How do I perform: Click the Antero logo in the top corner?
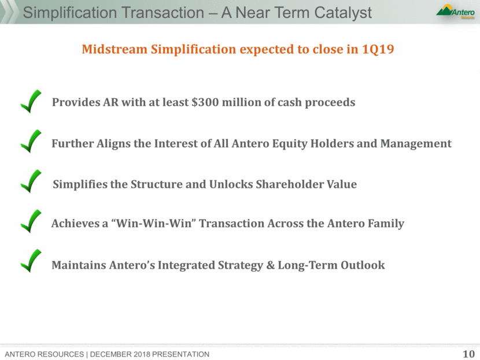456,12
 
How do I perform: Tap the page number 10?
468,354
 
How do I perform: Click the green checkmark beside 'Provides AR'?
31,102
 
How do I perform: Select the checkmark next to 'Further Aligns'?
31,141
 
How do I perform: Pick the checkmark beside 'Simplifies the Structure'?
31,181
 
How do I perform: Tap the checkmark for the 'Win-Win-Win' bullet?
31,221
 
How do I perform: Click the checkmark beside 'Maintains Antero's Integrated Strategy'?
31,261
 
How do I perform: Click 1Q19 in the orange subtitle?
378,49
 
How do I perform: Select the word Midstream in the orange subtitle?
115,49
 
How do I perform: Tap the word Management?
416,144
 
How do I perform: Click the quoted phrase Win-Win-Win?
156,223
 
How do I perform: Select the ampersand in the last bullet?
270,265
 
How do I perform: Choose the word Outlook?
363,265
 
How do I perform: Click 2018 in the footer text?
142,354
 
